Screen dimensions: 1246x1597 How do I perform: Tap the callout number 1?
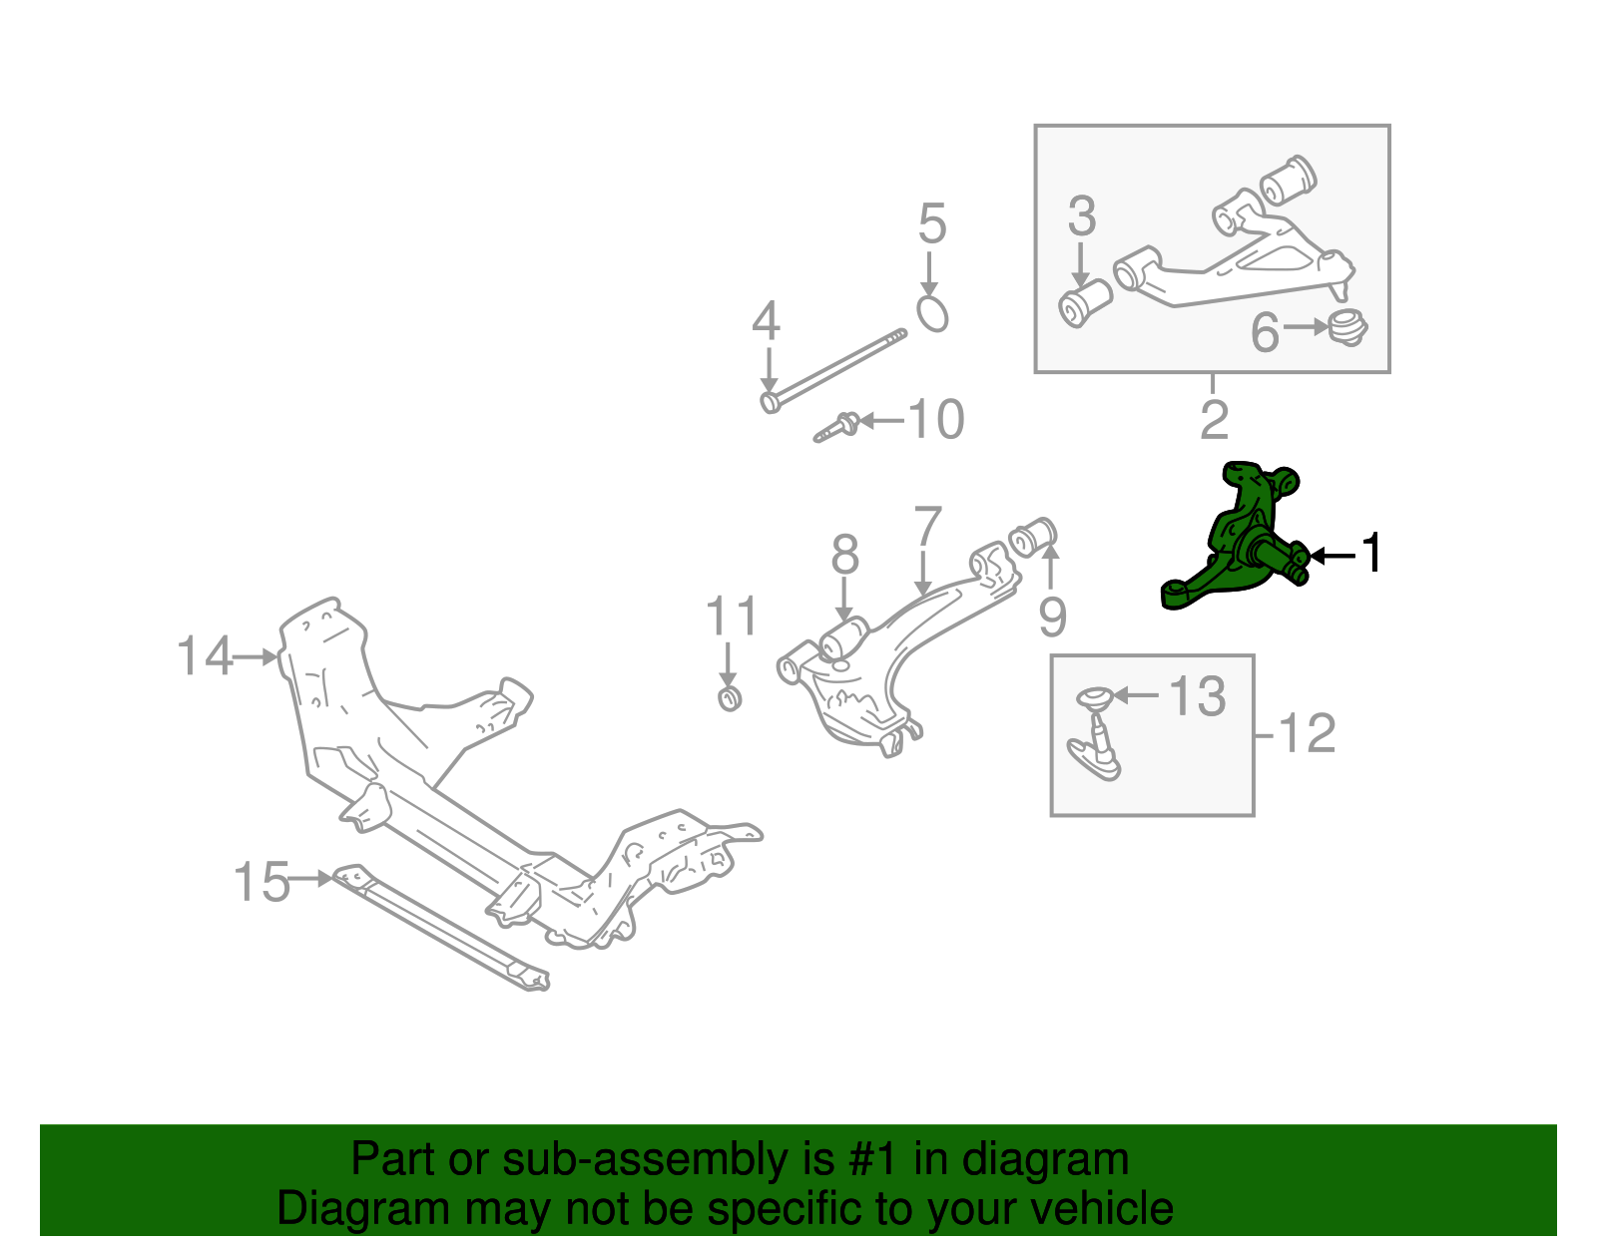1373,554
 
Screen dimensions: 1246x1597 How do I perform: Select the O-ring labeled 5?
931,313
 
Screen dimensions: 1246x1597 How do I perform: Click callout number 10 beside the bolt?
936,420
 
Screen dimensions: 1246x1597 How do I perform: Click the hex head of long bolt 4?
770,402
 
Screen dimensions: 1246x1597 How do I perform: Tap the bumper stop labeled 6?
1347,327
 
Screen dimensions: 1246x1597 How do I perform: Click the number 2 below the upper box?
1214,420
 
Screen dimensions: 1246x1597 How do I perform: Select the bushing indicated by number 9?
1034,539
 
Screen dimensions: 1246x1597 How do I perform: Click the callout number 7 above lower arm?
928,526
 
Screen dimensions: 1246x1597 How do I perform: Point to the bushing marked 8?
846,637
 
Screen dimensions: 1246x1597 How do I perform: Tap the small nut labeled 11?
730,697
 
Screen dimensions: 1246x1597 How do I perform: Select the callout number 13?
1197,696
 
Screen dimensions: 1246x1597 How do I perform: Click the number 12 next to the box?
1306,734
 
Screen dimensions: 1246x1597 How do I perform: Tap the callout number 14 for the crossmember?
204,656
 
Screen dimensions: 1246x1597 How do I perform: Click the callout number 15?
261,883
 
